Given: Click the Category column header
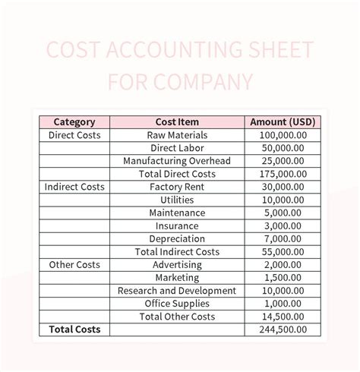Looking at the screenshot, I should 74,121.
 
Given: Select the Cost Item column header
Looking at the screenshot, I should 177,121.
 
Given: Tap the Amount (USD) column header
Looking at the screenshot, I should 283,121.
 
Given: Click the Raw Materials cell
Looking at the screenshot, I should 177,135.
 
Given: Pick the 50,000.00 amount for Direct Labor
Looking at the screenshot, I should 283,148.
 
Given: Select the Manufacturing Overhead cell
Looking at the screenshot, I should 177,161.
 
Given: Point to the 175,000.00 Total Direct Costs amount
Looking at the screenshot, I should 283,174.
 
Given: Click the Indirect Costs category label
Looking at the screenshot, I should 74,187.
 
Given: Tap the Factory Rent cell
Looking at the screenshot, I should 177,187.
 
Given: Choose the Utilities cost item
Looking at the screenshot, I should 177,200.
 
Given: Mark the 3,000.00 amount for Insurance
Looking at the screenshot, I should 283,225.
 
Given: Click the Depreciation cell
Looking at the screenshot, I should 177,238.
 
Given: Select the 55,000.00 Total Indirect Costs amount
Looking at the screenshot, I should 283,251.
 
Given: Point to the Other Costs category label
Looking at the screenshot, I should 74,265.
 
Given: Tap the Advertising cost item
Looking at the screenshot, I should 177,265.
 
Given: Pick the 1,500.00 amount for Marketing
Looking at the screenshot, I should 283,278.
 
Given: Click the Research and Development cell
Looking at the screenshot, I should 177,291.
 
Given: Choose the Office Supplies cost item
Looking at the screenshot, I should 177,304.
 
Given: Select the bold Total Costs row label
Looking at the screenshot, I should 74,329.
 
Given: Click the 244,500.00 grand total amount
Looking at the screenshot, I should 283,329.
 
